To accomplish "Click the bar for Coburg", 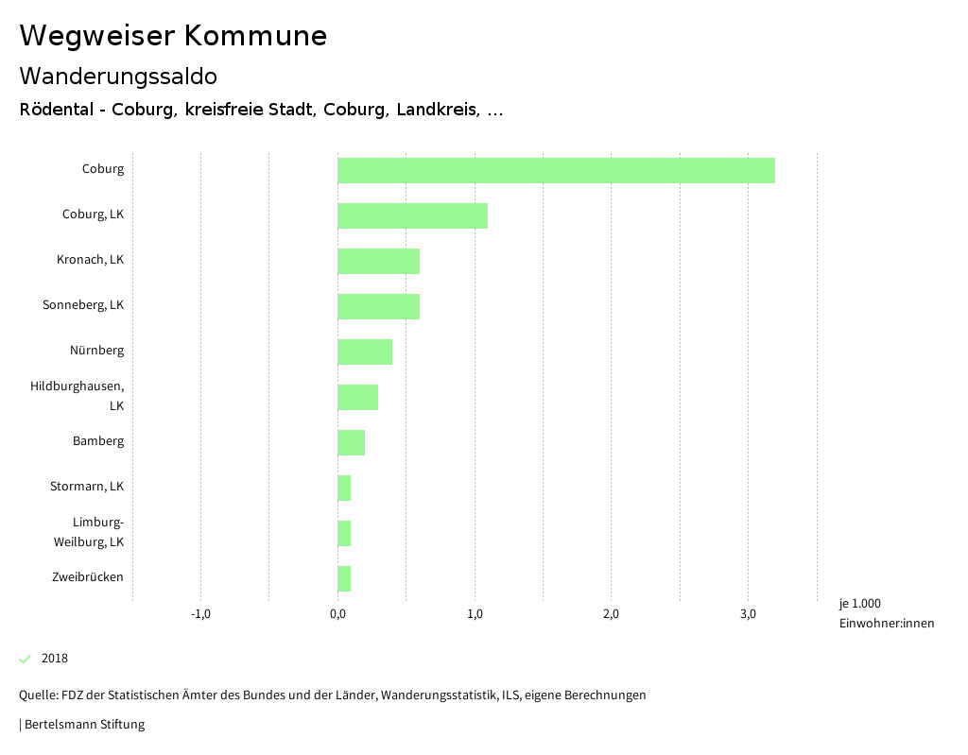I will point(556,170).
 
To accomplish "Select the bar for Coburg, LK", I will point(412,215).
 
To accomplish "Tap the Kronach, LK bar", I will point(378,261).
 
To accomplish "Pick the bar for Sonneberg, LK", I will point(378,306).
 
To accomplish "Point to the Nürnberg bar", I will point(365,352).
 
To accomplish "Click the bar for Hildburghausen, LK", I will point(357,397).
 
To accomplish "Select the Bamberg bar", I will point(351,442).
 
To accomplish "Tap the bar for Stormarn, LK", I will point(344,488).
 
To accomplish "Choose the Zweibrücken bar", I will point(344,578).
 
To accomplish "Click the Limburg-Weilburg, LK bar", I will point(344,533).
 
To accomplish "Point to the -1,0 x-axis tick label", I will point(200,614).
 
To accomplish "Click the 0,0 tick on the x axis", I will point(337,614).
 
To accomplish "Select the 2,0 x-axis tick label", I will point(611,614).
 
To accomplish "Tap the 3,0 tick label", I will point(748,614).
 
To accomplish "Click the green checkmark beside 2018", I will point(26,659).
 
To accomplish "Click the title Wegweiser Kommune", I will point(173,36).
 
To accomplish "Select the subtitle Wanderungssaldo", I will point(118,76).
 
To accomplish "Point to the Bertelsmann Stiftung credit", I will point(83,725).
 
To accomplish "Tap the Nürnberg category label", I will point(96,351).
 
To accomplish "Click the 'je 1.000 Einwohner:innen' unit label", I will point(886,613).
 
